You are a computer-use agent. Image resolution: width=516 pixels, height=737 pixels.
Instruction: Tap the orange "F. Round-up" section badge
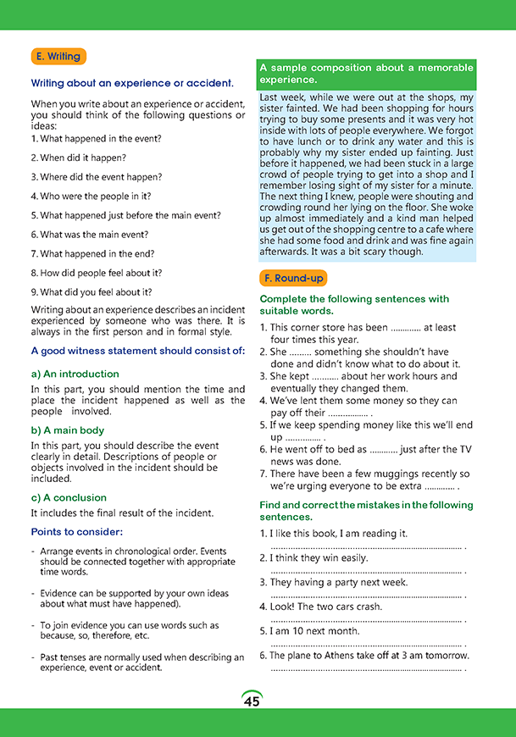click(x=292, y=278)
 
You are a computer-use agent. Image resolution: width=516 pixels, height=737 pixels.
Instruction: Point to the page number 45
click(x=252, y=701)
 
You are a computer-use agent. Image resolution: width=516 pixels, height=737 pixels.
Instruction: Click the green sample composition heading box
click(x=366, y=74)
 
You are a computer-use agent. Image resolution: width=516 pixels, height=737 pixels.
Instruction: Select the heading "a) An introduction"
click(x=75, y=374)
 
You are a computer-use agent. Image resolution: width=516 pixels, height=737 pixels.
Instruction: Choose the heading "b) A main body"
click(x=68, y=429)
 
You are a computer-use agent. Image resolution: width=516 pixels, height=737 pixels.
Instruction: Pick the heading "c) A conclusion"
click(x=69, y=497)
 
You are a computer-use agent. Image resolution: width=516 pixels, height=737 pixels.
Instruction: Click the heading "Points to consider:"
click(x=77, y=531)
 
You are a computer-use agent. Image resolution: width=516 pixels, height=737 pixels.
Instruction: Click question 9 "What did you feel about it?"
click(x=85, y=292)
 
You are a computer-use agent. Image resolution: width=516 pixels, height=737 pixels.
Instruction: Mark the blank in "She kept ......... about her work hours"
click(x=325, y=376)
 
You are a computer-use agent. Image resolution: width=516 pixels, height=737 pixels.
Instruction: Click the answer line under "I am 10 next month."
click(x=367, y=646)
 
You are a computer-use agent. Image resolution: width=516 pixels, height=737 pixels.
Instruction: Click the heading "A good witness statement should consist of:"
click(x=137, y=350)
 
